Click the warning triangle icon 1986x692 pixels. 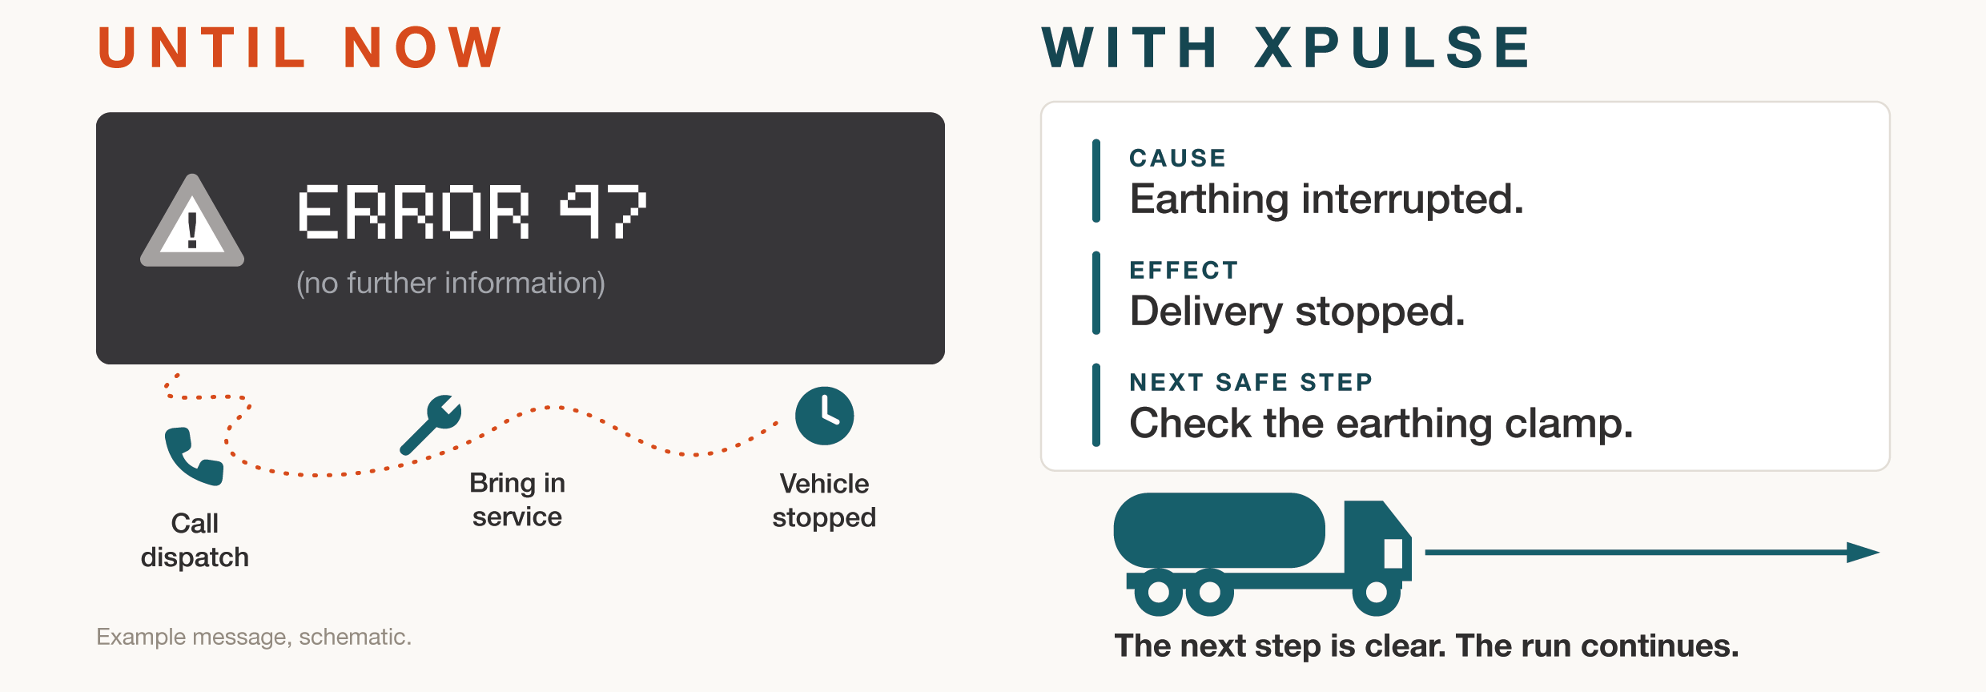(x=192, y=222)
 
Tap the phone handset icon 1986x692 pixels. (x=193, y=457)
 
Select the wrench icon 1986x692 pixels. (x=431, y=424)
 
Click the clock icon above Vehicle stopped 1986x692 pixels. (x=824, y=416)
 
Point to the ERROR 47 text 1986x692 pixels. (x=472, y=211)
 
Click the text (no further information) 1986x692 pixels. (x=451, y=283)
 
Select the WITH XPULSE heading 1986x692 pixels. (x=1287, y=47)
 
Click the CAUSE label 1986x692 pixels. (x=1177, y=158)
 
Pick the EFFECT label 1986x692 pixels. (x=1184, y=270)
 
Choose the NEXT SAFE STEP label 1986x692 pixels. (x=1251, y=382)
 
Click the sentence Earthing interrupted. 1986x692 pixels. (x=1326, y=199)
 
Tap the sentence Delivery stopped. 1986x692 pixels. (x=1297, y=312)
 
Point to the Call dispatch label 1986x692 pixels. (x=195, y=540)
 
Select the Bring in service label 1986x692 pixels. (x=517, y=500)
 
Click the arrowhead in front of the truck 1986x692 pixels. (x=1863, y=553)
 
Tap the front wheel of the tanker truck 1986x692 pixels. (x=1377, y=592)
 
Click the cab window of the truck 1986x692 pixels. (x=1393, y=553)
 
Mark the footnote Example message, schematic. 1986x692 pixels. (x=254, y=637)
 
